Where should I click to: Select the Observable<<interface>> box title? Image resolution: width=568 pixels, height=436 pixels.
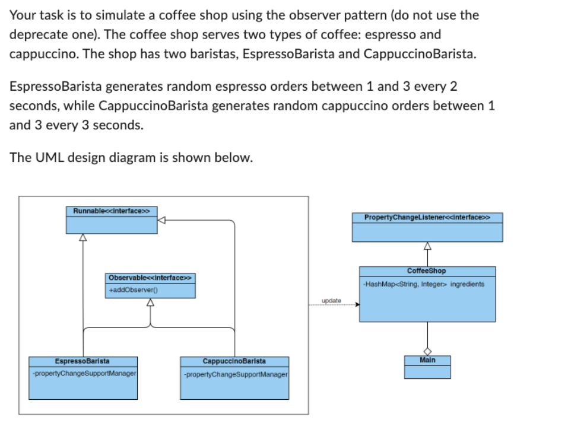point(151,278)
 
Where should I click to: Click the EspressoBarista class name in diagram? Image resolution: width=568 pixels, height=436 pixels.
point(82,361)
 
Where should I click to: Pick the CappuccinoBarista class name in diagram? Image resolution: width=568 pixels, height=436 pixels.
point(234,361)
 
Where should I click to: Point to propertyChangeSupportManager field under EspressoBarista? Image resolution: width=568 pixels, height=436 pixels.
point(85,374)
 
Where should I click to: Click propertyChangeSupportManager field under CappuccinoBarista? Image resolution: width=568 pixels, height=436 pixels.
point(236,374)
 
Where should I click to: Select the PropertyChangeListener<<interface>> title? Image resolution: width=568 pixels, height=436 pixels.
point(427,217)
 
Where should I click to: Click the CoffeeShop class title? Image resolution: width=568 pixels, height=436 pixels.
point(427,271)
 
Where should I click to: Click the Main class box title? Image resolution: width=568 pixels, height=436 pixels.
point(427,360)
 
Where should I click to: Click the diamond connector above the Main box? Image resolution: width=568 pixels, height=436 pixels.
point(427,351)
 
